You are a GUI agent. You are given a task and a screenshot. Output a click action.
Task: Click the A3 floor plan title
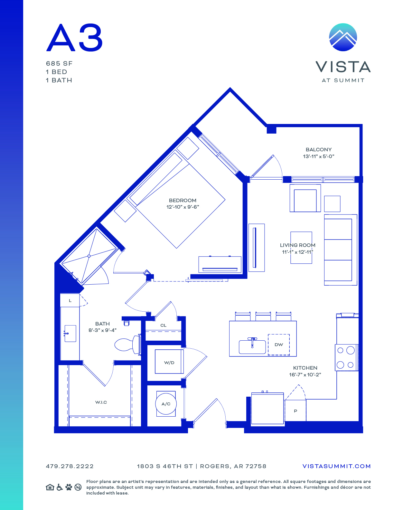(74, 37)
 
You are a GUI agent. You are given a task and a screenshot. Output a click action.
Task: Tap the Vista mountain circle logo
(343, 37)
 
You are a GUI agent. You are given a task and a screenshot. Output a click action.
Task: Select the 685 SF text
(59, 64)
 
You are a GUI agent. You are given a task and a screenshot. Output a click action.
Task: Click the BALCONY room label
(318, 149)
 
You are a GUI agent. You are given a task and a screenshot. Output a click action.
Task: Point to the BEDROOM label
(183, 201)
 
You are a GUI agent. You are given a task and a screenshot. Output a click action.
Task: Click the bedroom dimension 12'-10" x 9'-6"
(183, 207)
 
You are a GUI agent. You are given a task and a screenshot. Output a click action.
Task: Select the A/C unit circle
(166, 404)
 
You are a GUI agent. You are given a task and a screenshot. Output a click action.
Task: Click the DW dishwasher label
(279, 345)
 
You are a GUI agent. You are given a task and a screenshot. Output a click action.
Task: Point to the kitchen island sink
(252, 346)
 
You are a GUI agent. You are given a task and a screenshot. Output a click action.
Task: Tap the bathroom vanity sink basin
(70, 333)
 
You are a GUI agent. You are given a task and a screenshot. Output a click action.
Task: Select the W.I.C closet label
(101, 402)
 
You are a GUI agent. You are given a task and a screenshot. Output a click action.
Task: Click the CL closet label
(163, 325)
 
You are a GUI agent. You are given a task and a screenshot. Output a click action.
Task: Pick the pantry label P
(295, 411)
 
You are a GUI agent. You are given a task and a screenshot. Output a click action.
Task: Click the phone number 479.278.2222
(70, 466)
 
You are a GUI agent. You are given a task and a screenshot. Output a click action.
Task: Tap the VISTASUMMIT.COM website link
(336, 466)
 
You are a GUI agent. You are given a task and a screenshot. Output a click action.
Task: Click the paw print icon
(69, 487)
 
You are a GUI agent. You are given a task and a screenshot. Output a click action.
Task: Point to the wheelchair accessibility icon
(60, 487)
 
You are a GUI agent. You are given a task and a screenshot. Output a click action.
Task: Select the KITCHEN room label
(305, 368)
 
